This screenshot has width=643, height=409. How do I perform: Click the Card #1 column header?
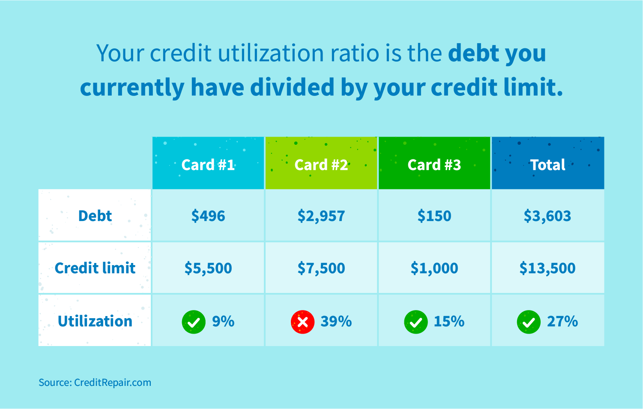click(208, 165)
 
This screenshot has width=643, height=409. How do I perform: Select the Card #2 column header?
click(321, 165)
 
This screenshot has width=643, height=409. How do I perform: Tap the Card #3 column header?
click(434, 165)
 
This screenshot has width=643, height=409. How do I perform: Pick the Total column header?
click(548, 165)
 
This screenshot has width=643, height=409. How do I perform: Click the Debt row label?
click(95, 216)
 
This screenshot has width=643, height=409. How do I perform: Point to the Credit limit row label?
click(95, 268)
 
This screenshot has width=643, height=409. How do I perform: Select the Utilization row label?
click(95, 321)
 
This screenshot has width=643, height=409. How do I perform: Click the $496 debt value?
click(208, 216)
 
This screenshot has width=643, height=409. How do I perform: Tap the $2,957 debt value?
click(321, 216)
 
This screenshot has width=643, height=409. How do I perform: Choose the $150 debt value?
click(434, 216)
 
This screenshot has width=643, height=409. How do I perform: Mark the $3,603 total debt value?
click(547, 216)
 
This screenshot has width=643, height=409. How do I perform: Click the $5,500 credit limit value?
click(208, 268)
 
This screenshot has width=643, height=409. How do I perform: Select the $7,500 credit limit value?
click(321, 268)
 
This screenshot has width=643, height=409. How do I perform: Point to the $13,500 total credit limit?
click(547, 268)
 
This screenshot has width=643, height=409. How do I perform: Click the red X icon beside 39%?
click(302, 322)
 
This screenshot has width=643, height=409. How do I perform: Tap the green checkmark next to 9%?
click(194, 322)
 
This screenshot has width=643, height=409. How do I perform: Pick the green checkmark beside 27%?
click(529, 322)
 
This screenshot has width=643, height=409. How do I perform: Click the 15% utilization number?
click(449, 321)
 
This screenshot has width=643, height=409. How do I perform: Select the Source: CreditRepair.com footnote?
click(95, 382)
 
